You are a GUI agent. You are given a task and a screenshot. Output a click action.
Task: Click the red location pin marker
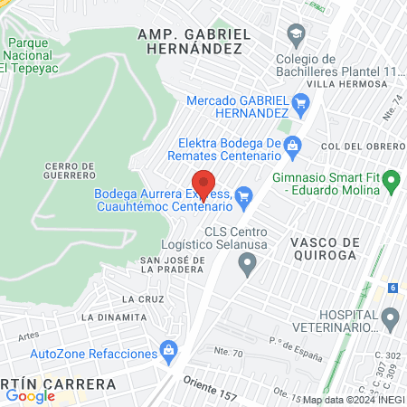point(204,185)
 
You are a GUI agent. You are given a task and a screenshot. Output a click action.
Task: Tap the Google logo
point(30,395)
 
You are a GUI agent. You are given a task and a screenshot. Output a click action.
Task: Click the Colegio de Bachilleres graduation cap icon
point(296,33)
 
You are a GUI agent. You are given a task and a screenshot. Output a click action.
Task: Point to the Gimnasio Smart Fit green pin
point(391,183)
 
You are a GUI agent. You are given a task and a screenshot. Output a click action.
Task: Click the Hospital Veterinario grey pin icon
point(391,317)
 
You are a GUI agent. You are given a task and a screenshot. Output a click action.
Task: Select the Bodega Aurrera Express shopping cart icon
point(242,194)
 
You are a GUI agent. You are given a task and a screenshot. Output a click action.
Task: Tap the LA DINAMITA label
point(113,317)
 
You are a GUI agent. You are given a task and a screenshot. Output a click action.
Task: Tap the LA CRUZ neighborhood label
point(140,298)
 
